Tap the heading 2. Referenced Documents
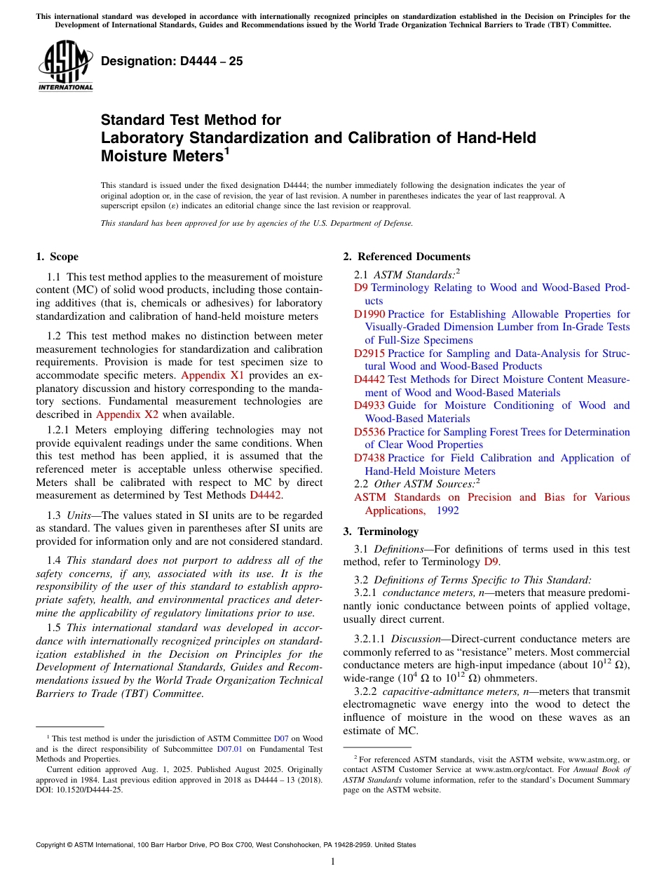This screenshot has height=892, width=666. pos(407,257)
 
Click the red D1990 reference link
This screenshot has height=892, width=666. pos(369,314)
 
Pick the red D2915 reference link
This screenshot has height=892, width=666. pos(369,353)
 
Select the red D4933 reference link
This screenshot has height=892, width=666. pos(369,405)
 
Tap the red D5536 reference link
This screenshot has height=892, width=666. pos(369,432)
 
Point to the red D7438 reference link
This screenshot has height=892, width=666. pos(369,458)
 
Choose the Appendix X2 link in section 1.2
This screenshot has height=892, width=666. pos(128,414)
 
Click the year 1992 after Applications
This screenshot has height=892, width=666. pos(447,511)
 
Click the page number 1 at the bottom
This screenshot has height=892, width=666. pos(333,862)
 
